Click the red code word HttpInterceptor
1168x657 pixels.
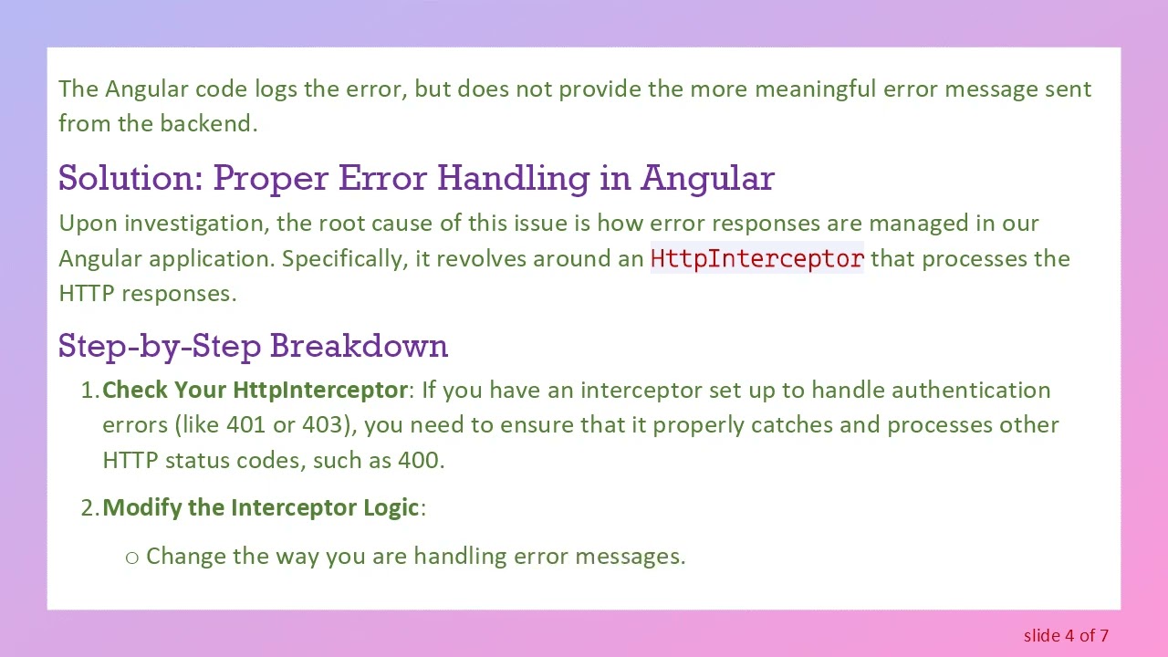click(756, 259)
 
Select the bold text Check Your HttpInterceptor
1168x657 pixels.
click(255, 391)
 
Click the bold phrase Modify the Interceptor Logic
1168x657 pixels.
click(262, 507)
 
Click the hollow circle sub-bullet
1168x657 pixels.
click(131, 557)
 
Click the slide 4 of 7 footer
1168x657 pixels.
click(1066, 635)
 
